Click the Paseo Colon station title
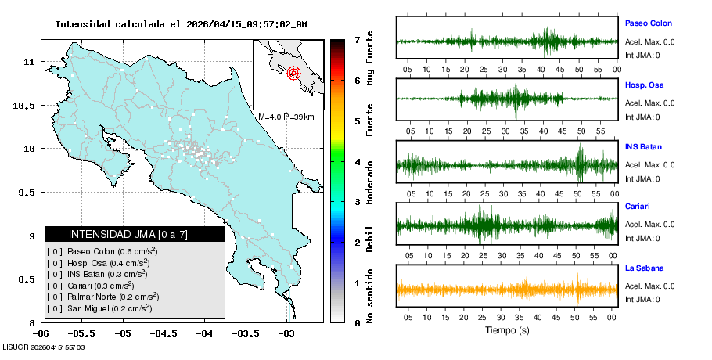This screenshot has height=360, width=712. click(648, 23)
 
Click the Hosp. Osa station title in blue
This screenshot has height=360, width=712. click(645, 85)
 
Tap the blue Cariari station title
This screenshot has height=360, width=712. click(637, 207)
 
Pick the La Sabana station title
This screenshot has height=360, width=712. click(644, 268)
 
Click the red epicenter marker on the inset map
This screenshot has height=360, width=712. click(293, 74)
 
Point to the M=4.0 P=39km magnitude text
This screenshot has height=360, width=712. click(286, 117)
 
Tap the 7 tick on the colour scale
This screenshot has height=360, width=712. click(357, 39)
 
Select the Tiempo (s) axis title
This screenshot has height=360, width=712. click(507, 330)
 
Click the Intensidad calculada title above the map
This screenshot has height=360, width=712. click(181, 23)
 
